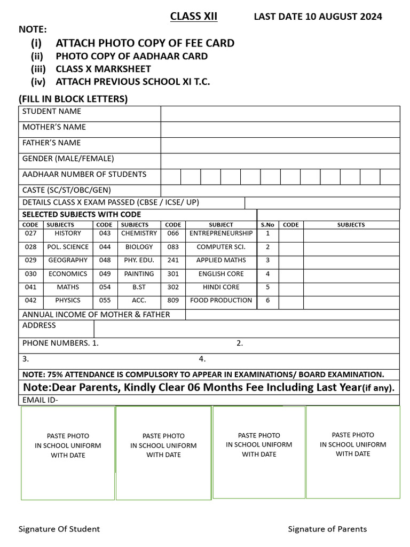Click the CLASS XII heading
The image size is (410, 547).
pyautogui.click(x=193, y=17)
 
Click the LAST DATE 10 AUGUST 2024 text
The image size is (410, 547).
pyautogui.click(x=318, y=17)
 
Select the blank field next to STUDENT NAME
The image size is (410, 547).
pyautogui.click(x=280, y=113)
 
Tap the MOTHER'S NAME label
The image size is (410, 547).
pyautogui.click(x=54, y=127)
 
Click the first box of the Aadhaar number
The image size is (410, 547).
pyautogui.click(x=170, y=177)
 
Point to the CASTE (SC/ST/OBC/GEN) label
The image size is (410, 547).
pyautogui.click(x=67, y=190)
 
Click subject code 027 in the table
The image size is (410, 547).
pyautogui.click(x=30, y=233)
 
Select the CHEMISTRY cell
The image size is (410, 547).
pyautogui.click(x=139, y=233)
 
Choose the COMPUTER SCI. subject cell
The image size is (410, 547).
pyautogui.click(x=221, y=247)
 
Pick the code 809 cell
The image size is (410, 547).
pyautogui.click(x=172, y=301)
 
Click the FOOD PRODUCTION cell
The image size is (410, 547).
pyautogui.click(x=221, y=301)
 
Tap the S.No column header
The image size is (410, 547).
pyautogui.click(x=267, y=225)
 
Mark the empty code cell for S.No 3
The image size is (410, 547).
pyautogui.click(x=290, y=261)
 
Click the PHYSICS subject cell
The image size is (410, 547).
pyautogui.click(x=68, y=301)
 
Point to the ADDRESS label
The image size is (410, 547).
pyautogui.click(x=39, y=325)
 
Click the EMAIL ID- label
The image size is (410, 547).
pyautogui.click(x=40, y=400)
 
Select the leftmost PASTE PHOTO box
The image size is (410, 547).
pyautogui.click(x=68, y=453)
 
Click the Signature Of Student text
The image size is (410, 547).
pyautogui.click(x=59, y=529)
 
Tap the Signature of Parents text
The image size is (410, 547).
pyautogui.click(x=327, y=529)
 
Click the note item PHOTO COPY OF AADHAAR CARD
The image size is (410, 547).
pyautogui.click(x=131, y=56)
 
